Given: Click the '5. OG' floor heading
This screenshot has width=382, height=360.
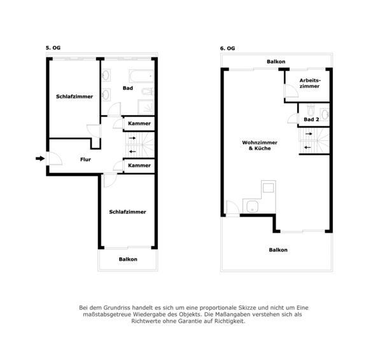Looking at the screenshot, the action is [53, 48].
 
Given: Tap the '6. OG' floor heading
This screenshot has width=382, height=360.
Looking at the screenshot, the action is [227, 48].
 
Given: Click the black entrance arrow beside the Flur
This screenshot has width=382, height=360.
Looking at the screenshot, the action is [40, 159].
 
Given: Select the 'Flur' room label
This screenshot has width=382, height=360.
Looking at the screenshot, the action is [85, 159].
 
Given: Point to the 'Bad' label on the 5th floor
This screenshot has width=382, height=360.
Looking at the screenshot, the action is [128, 88].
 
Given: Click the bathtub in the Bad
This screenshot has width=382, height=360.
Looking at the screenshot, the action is [141, 76].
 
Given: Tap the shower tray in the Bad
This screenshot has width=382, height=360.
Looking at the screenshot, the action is [146, 107].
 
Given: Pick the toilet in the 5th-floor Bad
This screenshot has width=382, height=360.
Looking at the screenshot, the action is [148, 92].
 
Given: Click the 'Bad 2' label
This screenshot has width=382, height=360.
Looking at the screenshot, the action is [311, 119].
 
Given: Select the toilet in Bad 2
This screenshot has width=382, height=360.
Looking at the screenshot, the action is [311, 110].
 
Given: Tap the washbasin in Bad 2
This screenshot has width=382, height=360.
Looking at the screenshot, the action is [325, 114].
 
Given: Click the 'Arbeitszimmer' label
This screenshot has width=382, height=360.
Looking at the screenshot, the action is [310, 83].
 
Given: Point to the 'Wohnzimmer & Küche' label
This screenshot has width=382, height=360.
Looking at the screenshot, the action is [260, 145].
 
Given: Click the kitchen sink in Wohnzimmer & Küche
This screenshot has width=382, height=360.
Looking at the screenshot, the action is [252, 206].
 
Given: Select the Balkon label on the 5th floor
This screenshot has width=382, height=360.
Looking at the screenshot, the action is [128, 259].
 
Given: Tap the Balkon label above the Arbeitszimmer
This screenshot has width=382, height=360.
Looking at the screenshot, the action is [276, 61].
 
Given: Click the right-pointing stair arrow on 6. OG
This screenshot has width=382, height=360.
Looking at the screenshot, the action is [309, 134].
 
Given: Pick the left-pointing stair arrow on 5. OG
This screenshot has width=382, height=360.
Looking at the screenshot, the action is [132, 152].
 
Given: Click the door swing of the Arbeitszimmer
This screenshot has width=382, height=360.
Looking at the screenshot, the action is [292, 90].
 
